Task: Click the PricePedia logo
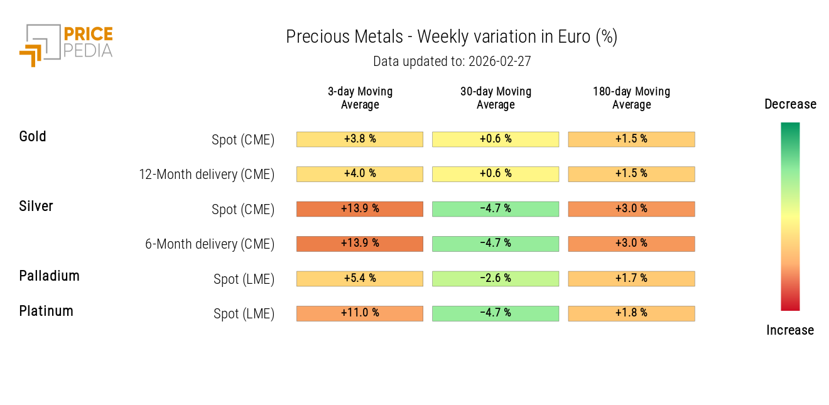(x=66, y=45)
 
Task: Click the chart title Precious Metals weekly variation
(x=452, y=37)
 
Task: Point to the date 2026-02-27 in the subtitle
(x=500, y=62)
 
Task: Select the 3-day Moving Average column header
(x=360, y=98)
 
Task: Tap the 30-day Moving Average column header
(x=496, y=98)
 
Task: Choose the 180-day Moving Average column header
(x=631, y=98)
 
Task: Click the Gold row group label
(x=33, y=137)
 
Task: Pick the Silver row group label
(x=36, y=207)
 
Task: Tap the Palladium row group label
(x=49, y=276)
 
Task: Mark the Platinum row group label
(x=46, y=311)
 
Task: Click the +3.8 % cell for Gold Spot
(x=360, y=139)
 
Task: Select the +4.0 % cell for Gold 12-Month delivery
(x=360, y=174)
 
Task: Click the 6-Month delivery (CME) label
(x=210, y=244)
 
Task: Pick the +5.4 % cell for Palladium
(x=360, y=278)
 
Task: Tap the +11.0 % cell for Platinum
(x=360, y=313)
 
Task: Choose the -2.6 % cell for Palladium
(x=496, y=278)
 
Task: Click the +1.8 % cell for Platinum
(x=631, y=313)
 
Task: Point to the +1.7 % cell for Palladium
(x=631, y=278)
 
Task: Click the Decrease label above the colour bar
(x=790, y=104)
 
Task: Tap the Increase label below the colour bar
(x=790, y=330)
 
